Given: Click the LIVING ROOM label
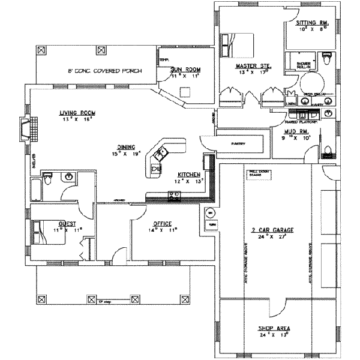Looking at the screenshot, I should (77, 113).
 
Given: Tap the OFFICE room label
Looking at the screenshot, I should (162, 223).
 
